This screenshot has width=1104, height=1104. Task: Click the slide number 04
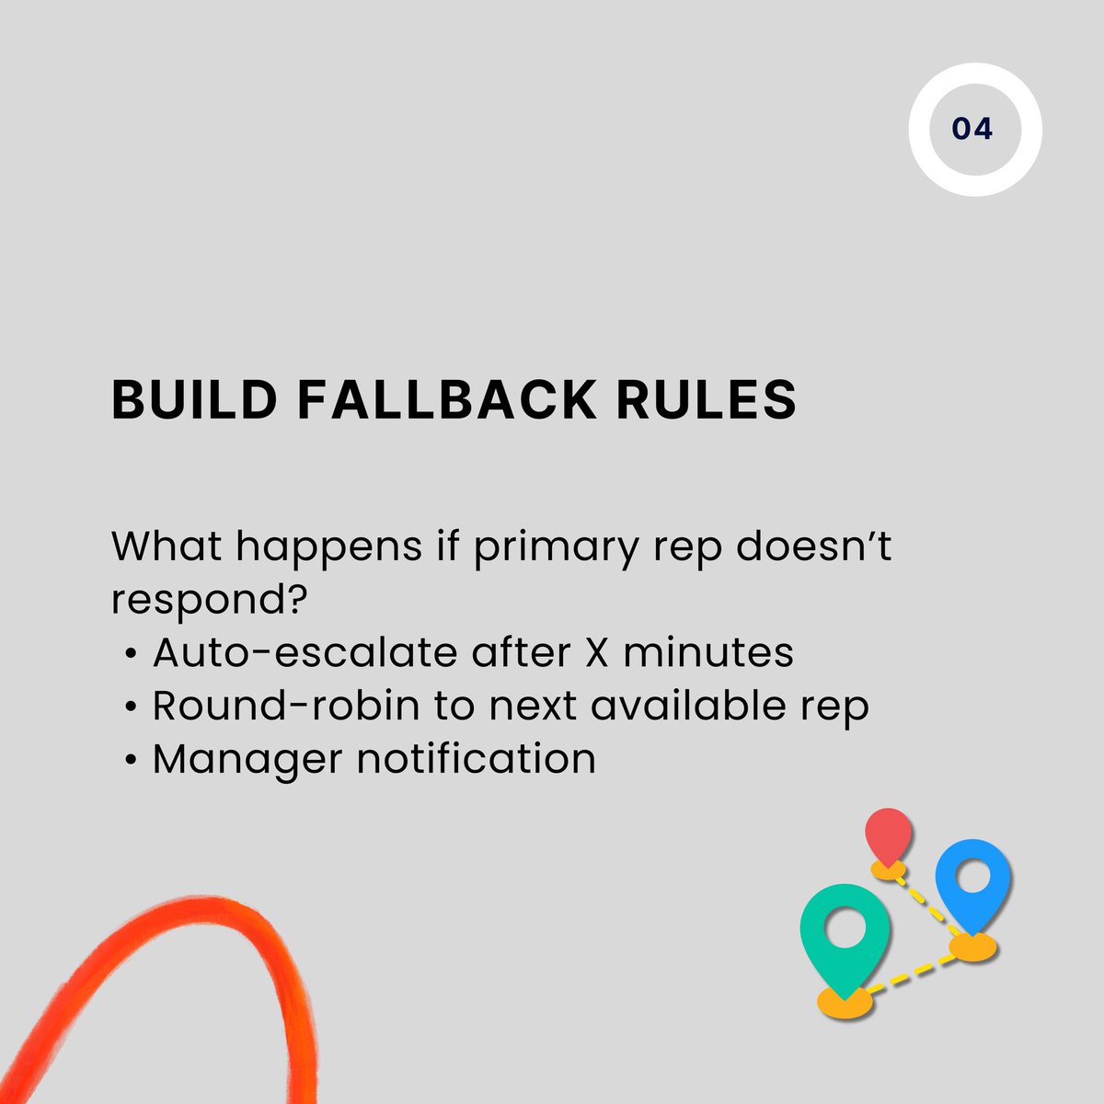tap(972, 129)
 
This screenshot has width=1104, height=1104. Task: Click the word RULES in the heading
tap(706, 400)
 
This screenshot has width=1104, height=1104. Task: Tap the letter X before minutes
tap(598, 653)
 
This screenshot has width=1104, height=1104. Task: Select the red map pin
tap(888, 834)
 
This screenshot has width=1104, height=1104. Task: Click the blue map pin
tap(972, 879)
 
